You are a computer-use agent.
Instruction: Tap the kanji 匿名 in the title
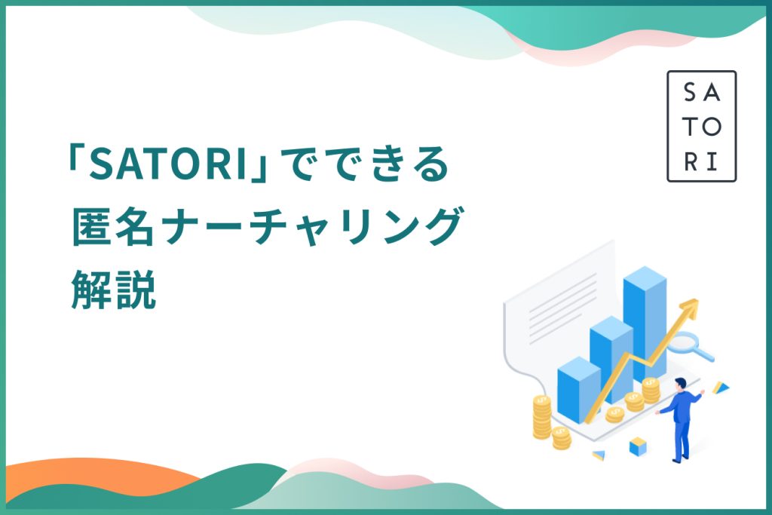click(x=113, y=226)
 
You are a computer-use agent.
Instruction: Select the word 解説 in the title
click(x=114, y=289)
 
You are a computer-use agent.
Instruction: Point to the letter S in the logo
click(x=690, y=93)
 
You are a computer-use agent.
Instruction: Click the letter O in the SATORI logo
click(x=712, y=127)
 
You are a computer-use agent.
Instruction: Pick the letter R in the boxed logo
click(x=691, y=161)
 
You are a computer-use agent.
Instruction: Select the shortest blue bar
click(x=578, y=389)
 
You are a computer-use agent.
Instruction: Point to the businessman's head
click(x=681, y=384)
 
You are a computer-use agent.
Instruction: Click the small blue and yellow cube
click(x=638, y=446)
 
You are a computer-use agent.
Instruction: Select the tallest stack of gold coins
click(x=542, y=416)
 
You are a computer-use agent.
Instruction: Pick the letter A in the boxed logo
click(x=712, y=93)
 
